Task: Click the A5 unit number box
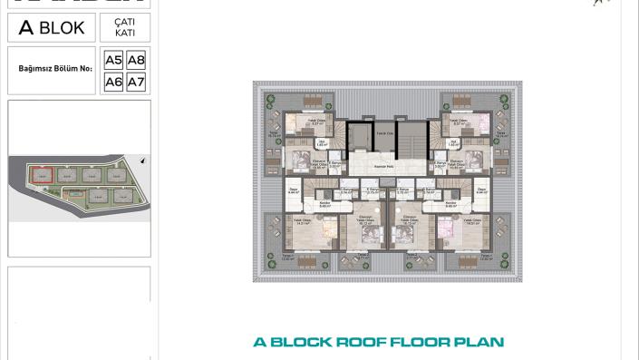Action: (113, 61)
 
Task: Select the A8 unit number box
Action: (136, 61)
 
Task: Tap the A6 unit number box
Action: (113, 82)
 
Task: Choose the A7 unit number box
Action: (136, 82)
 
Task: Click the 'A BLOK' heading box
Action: (51, 28)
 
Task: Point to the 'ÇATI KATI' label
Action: (125, 28)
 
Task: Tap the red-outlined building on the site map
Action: (40, 174)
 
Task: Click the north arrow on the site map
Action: (142, 161)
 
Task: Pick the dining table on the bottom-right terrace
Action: (469, 260)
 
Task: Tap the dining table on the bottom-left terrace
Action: (306, 260)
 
